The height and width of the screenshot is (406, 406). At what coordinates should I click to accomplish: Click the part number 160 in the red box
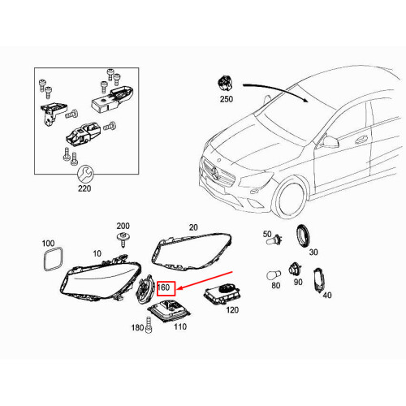tap(163, 287)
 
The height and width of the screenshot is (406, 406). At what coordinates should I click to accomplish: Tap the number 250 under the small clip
tap(227, 99)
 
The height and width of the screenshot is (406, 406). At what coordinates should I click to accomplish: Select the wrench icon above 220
tap(85, 174)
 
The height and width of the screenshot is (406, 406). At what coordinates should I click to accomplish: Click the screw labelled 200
tap(123, 240)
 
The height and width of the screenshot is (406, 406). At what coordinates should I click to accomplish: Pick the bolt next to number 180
tap(149, 325)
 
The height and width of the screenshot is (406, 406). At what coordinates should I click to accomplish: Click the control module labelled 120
tap(223, 295)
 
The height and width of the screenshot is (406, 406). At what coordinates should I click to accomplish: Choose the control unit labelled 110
tap(169, 311)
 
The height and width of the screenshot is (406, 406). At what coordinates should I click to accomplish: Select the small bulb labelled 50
tap(274, 240)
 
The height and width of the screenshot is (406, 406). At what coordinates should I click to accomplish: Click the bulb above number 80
tap(274, 276)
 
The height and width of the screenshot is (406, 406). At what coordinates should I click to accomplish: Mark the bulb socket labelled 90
tap(294, 269)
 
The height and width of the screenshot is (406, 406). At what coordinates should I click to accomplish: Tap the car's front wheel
tap(291, 197)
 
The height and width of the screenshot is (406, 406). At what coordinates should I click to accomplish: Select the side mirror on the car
tap(330, 141)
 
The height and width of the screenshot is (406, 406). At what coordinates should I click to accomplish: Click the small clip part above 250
tap(225, 84)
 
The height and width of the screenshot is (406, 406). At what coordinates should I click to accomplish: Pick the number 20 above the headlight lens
tap(193, 227)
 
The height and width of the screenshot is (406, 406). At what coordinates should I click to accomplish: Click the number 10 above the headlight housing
tap(97, 253)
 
